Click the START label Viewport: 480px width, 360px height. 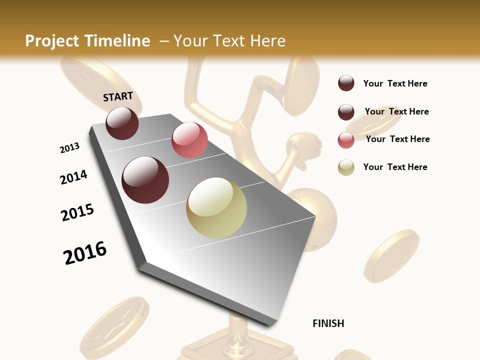118,96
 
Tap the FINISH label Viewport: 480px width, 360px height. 328,323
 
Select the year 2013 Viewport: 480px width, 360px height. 69,148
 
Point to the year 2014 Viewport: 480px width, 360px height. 73,177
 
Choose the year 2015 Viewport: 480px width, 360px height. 77,212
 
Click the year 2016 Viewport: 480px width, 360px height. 85,252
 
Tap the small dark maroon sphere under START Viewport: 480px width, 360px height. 122,123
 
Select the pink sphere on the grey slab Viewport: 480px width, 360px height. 189,139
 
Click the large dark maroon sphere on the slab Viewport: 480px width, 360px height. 145,180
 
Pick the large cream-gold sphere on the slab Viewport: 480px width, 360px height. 216,207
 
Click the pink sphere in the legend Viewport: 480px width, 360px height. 346,140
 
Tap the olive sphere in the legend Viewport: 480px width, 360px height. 346,167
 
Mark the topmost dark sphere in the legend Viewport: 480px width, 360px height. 346,83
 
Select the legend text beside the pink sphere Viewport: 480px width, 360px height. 397,139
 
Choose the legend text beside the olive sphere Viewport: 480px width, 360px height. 395,167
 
